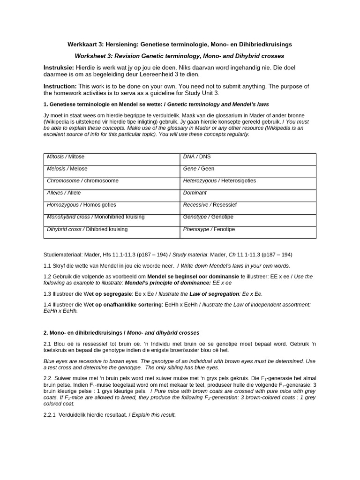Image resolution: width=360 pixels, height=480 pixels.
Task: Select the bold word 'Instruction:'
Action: point(60,86)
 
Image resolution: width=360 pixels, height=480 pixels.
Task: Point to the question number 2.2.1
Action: point(50,415)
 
